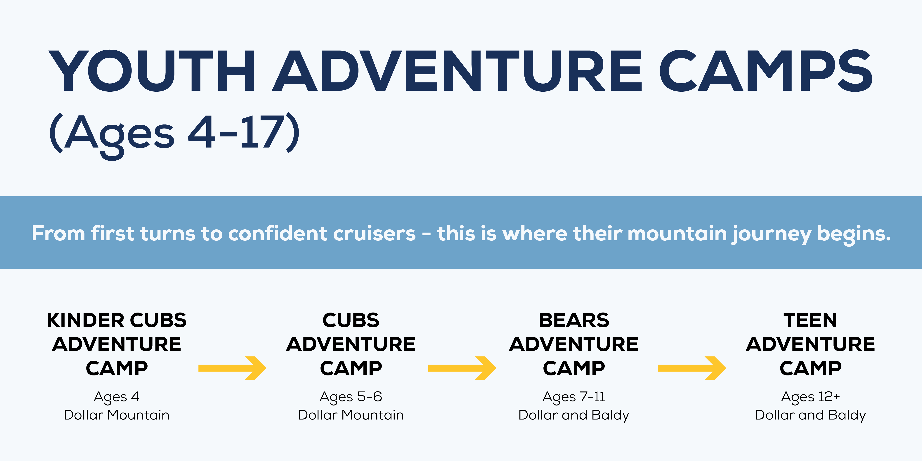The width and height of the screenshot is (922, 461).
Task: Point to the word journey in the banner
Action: coord(771,234)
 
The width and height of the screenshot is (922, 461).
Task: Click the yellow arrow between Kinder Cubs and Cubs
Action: coord(232,368)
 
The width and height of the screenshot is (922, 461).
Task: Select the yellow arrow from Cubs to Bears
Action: coord(462,368)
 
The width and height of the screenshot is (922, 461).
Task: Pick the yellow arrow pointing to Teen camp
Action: coord(692,368)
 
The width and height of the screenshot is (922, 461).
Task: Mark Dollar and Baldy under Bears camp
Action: coord(574,415)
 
